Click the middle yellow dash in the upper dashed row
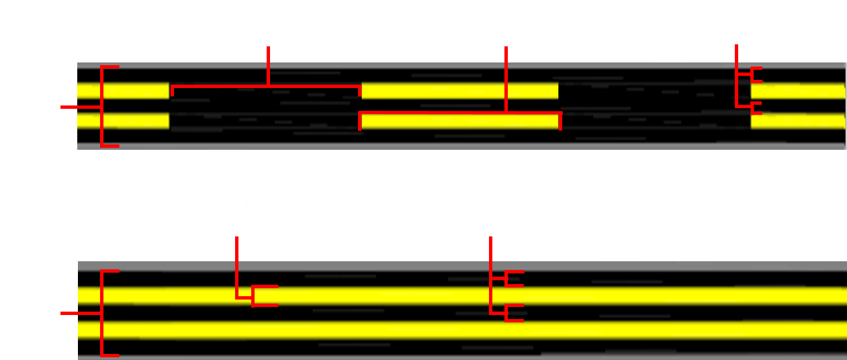coord(459,91)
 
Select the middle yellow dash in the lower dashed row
coord(459,122)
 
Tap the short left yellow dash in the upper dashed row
coord(123,91)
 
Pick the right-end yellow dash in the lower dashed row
coord(798,122)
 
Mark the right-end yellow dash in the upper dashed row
coord(798,91)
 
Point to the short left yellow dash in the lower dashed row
coord(123,121)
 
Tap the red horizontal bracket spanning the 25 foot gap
coord(267,86)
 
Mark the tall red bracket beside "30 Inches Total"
coord(102,106)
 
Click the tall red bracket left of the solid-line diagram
coord(102,313)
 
